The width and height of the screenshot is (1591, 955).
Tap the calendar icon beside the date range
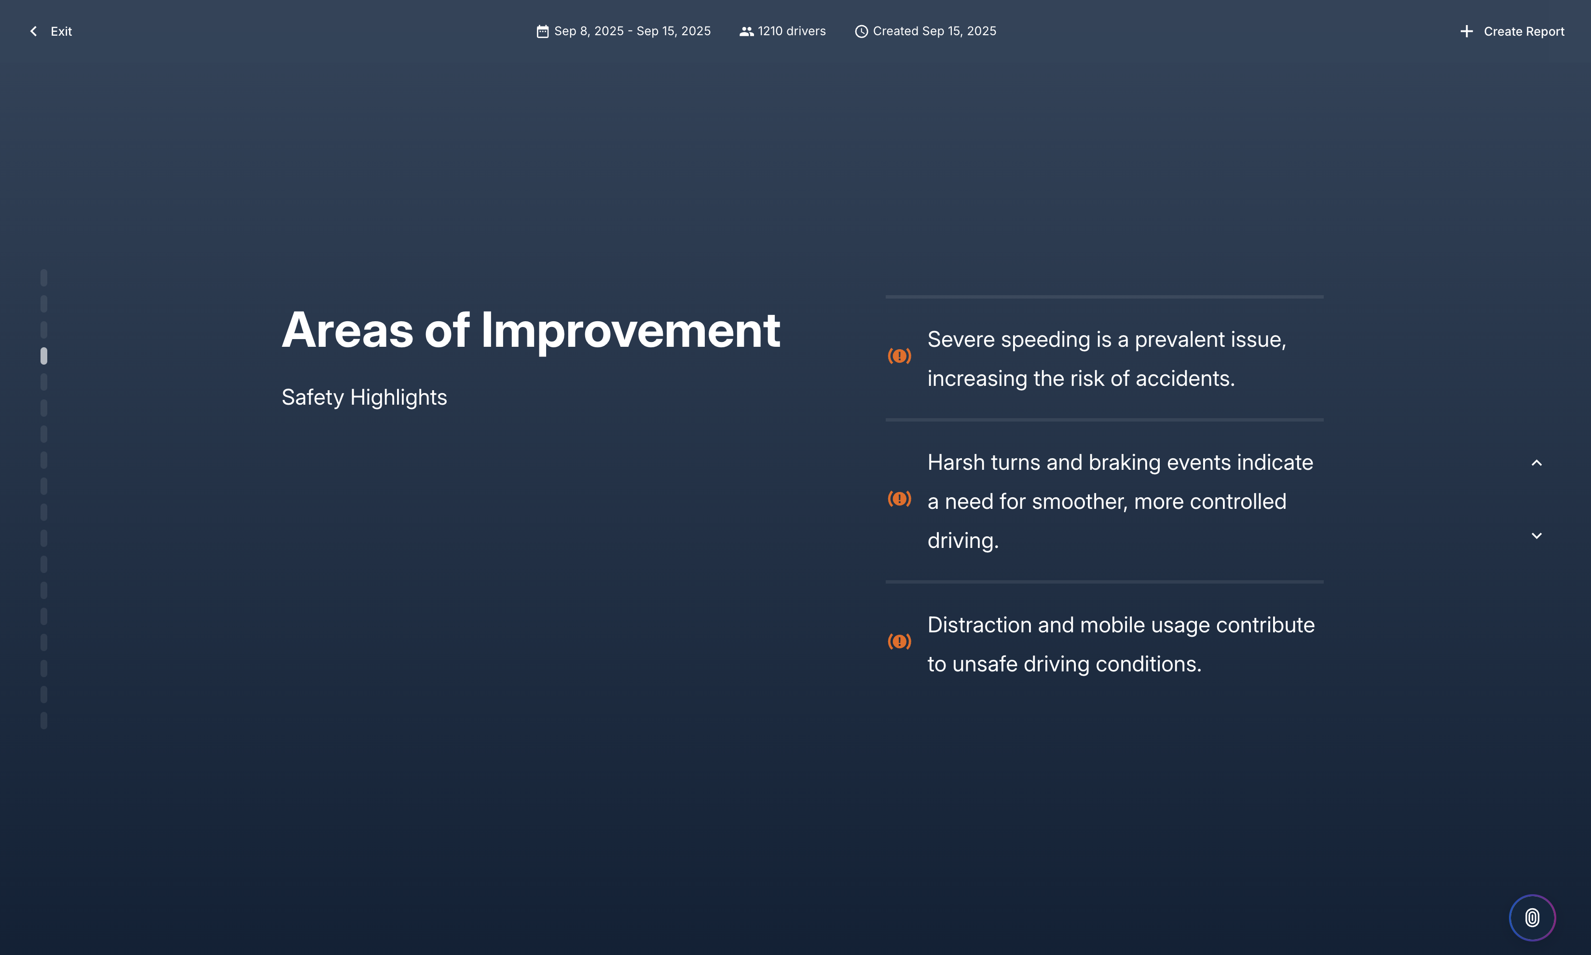[x=543, y=31]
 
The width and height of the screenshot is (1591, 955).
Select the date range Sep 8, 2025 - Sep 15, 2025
[x=632, y=31]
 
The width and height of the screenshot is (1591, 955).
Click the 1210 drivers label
[x=791, y=31]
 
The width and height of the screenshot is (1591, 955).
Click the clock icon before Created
[x=861, y=31]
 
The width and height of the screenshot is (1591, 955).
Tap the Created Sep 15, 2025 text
[x=934, y=31]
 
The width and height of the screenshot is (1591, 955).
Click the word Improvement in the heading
[x=630, y=330]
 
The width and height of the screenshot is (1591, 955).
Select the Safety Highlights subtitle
[x=364, y=397]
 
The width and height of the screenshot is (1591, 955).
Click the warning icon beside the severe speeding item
[x=899, y=356]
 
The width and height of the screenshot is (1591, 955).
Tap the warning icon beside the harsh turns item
[x=899, y=499]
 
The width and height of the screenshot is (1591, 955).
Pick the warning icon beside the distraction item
[x=899, y=641]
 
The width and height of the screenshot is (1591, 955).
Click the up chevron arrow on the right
[x=1536, y=463]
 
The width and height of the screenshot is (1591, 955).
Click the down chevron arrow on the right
[x=1536, y=535]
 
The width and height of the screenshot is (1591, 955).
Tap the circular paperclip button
[x=1532, y=917]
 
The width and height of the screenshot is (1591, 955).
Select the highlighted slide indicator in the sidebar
[x=44, y=356]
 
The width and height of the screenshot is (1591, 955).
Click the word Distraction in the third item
[x=979, y=625]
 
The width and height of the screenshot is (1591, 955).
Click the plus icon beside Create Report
[x=1466, y=31]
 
